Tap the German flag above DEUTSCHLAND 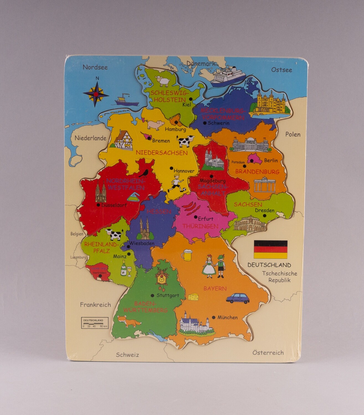(270, 249)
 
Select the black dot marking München (214, 317)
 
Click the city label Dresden (265, 210)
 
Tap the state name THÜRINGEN (200, 226)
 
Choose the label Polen (293, 134)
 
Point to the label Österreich (268, 353)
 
